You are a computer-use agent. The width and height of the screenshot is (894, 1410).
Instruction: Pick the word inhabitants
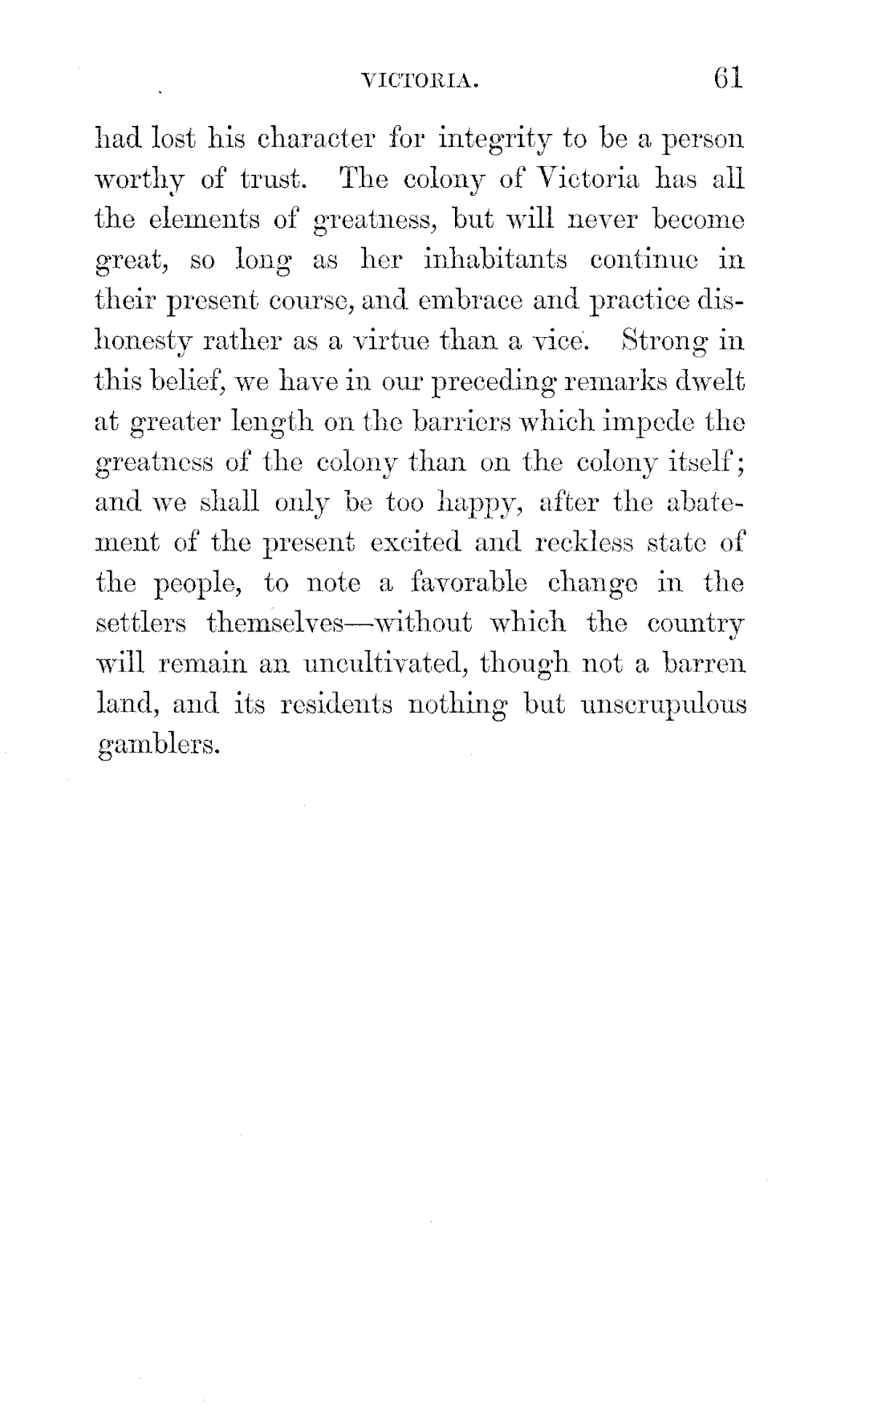pyautogui.click(x=479, y=259)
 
